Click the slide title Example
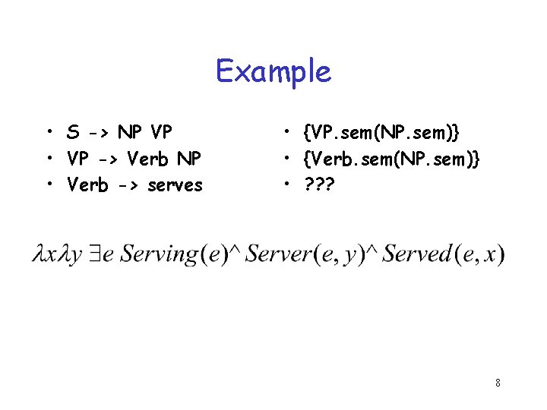[273, 71]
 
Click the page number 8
[498, 383]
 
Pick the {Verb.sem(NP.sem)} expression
[390, 159]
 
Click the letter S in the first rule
[73, 133]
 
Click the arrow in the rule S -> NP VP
[99, 133]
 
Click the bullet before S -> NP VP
[48, 133]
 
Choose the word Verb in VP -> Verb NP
[147, 159]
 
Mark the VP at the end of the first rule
[161, 133]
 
